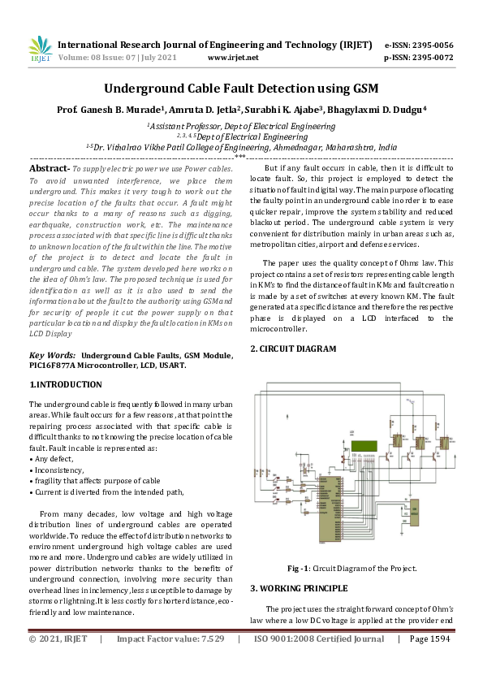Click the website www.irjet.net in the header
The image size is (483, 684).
point(233,58)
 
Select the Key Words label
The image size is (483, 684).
point(53,355)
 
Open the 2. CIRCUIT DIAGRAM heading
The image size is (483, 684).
point(292,348)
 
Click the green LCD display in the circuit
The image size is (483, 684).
point(367,446)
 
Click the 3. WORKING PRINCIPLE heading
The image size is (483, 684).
point(298,587)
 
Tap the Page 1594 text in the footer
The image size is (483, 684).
point(429,639)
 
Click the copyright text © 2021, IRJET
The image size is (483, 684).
point(58,639)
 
